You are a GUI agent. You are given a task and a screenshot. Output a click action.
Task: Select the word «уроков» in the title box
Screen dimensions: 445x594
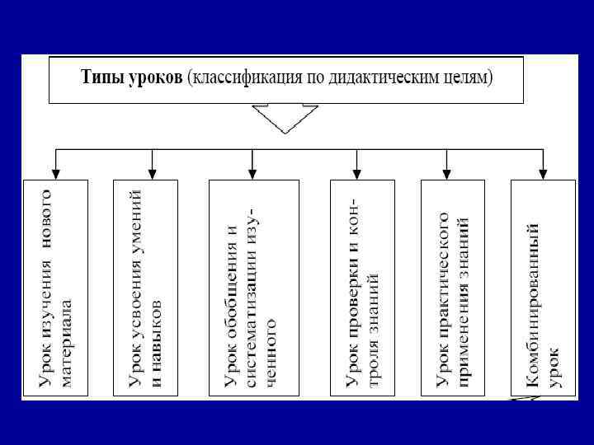pyautogui.click(x=154, y=79)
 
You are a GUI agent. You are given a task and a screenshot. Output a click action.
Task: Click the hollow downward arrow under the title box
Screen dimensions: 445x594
pyautogui.click(x=285, y=119)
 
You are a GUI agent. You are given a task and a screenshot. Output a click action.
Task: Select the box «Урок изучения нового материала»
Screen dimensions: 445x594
pyautogui.click(x=55, y=288)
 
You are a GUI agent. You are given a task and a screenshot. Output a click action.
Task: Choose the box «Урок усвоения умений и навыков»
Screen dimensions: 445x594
pyautogui.click(x=144, y=288)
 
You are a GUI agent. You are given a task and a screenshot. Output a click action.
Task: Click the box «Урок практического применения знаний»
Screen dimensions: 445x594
pyautogui.click(x=451, y=288)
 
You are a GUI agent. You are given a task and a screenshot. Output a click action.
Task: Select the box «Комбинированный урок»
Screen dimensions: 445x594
pyautogui.click(x=543, y=288)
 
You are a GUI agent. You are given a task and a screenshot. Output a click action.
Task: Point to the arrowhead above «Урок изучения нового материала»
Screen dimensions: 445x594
pyautogui.click(x=55, y=173)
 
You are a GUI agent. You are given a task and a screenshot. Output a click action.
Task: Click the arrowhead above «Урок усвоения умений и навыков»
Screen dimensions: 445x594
pyautogui.click(x=153, y=173)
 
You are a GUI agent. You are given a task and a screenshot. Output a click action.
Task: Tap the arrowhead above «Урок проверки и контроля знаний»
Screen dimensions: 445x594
pyautogui.click(x=356, y=173)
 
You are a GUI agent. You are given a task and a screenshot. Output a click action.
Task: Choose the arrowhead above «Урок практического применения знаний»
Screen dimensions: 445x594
pyautogui.click(x=446, y=173)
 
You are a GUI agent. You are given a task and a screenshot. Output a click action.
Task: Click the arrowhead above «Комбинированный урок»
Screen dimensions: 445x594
pyautogui.click(x=543, y=173)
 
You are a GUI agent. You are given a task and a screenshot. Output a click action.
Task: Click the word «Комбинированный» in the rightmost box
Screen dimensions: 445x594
pyautogui.click(x=534, y=305)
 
